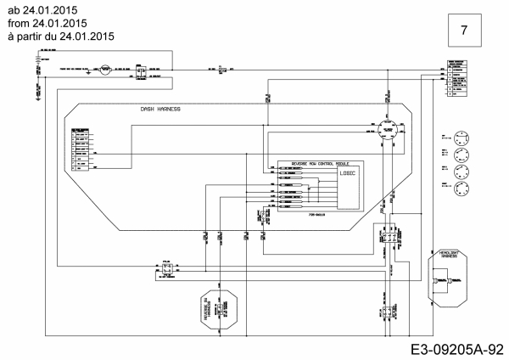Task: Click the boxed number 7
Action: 464,31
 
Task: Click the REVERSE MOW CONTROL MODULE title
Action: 320,162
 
